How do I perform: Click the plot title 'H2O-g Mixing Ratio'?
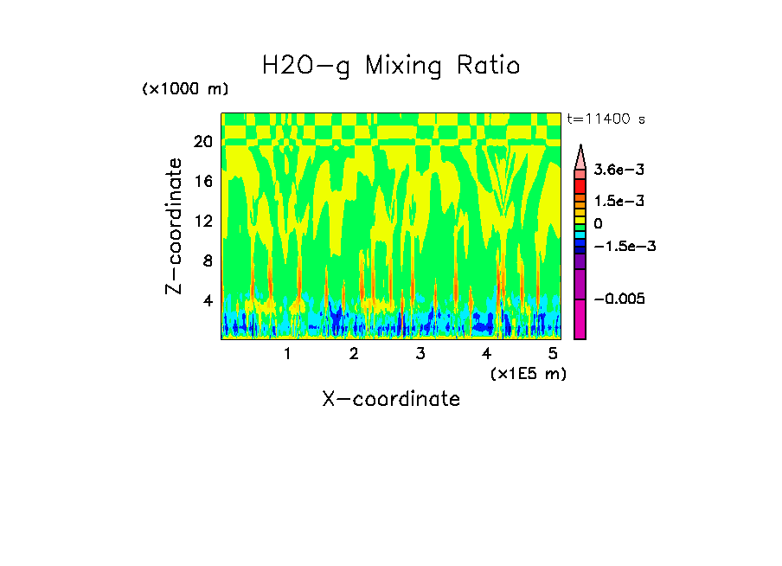391,66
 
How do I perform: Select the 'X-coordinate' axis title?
391,399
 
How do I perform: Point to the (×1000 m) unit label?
185,89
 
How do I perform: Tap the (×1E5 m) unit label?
528,373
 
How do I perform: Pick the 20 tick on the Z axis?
202,141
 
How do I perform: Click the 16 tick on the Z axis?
202,181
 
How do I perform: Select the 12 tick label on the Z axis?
202,221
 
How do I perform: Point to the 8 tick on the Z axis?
207,260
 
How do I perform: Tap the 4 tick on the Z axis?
207,300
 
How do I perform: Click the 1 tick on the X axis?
287,354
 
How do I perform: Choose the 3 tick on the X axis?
420,354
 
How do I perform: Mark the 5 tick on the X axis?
553,354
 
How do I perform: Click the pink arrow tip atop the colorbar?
580,157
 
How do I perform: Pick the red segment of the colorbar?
580,185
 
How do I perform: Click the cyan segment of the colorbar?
580,235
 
